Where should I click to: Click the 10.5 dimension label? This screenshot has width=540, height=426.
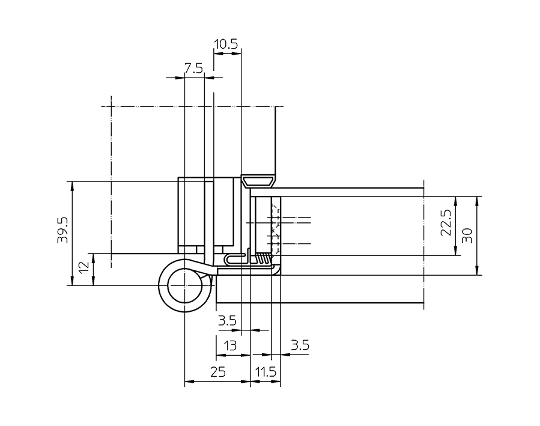click(226, 44)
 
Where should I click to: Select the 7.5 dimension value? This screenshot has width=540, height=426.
click(193, 68)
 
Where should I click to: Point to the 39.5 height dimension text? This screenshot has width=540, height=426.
click(62, 230)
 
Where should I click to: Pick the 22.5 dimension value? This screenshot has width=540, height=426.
click(445, 223)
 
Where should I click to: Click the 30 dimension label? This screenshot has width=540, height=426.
click(467, 234)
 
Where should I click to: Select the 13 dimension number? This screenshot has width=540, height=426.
click(229, 345)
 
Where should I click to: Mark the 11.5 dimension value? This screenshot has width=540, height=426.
click(265, 373)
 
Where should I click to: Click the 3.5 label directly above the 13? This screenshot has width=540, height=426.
click(227, 321)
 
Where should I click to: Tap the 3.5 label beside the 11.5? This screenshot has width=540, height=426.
click(299, 345)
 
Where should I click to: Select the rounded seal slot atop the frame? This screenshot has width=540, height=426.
click(259, 180)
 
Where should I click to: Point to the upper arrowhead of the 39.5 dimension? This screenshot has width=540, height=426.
click(72, 185)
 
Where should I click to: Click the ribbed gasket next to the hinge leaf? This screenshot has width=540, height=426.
click(264, 258)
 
